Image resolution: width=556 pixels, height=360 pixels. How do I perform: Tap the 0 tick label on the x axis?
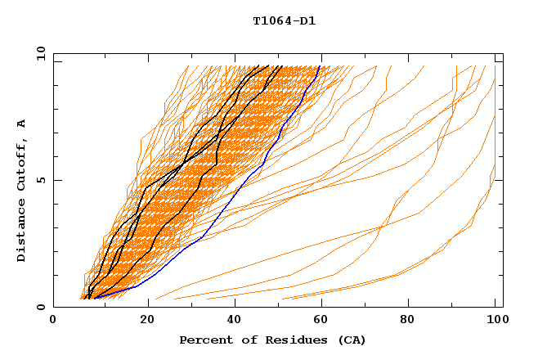(53, 321)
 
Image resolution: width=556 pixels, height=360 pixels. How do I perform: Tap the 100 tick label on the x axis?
(495, 321)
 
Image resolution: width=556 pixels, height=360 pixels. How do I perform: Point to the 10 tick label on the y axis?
(38, 53)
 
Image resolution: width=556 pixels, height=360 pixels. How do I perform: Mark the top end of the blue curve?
(319, 67)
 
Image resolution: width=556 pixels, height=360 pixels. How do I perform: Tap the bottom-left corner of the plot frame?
(53, 307)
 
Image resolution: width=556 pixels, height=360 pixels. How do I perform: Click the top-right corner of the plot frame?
(503, 53)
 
